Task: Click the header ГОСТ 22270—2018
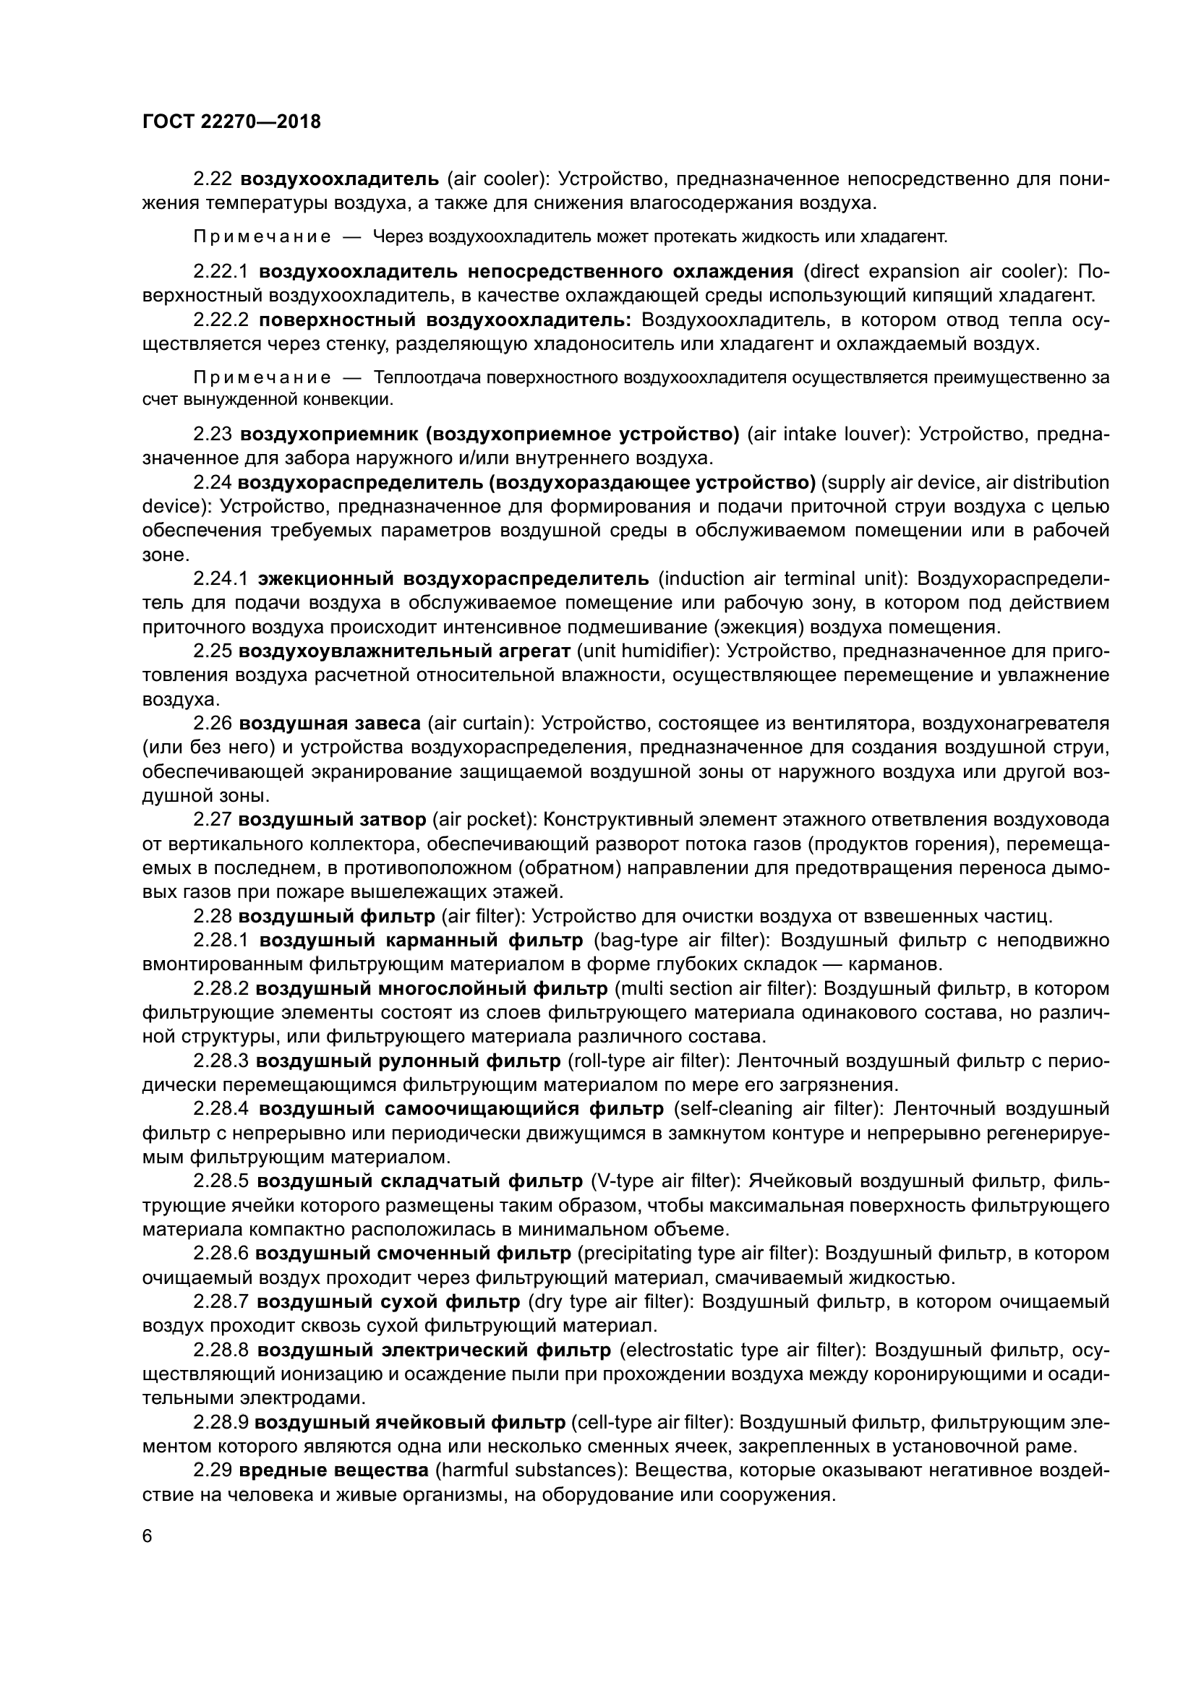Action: click(x=231, y=122)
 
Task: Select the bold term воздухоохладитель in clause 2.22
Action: click(x=340, y=179)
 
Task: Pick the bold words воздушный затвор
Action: click(x=332, y=820)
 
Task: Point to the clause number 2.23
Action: click(x=213, y=434)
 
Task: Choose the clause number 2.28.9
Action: click(x=221, y=1422)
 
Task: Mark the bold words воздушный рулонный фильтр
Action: click(x=408, y=1061)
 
